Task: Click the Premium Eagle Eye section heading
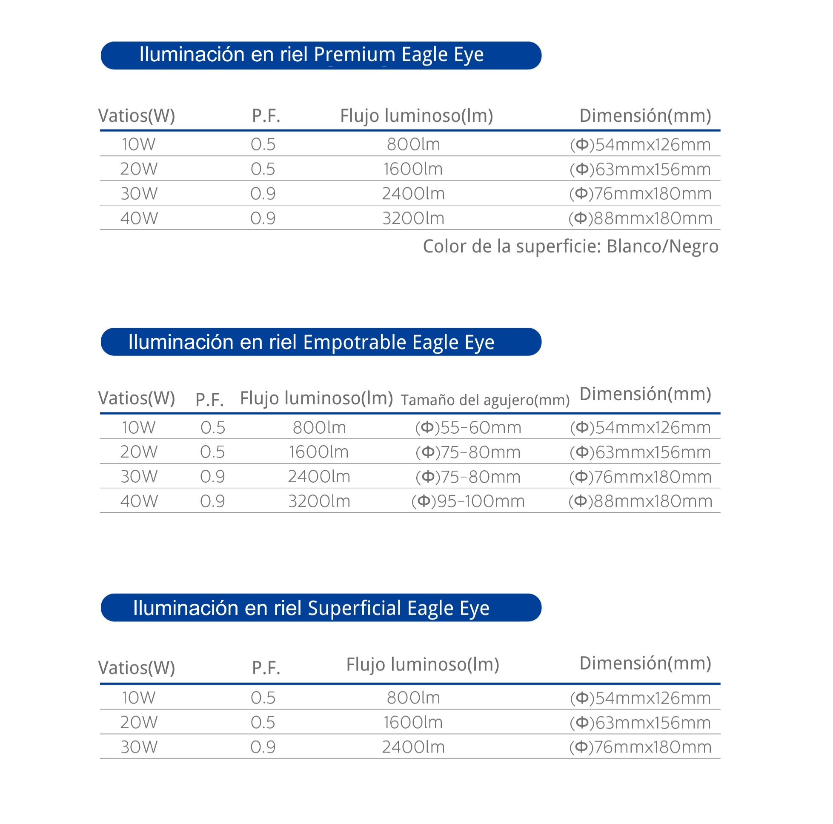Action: click(x=311, y=55)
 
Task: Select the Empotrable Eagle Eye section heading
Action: click(x=311, y=342)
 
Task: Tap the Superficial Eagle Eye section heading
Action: click(x=311, y=607)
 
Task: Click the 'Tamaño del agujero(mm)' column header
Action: click(x=485, y=400)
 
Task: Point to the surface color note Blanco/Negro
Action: click(x=570, y=246)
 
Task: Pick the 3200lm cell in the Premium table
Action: click(x=413, y=218)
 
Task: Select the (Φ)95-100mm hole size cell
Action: click(x=468, y=501)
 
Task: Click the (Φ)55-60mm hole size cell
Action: click(x=468, y=427)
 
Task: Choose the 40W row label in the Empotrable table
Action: click(x=139, y=501)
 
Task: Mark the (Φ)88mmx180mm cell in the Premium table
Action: click(x=640, y=218)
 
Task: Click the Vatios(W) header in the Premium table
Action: click(x=137, y=116)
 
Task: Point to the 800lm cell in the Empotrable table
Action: click(x=319, y=427)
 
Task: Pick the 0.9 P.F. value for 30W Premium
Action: click(x=263, y=194)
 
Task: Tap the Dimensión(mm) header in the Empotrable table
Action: click(x=645, y=394)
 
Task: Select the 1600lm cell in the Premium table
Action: click(x=413, y=169)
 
